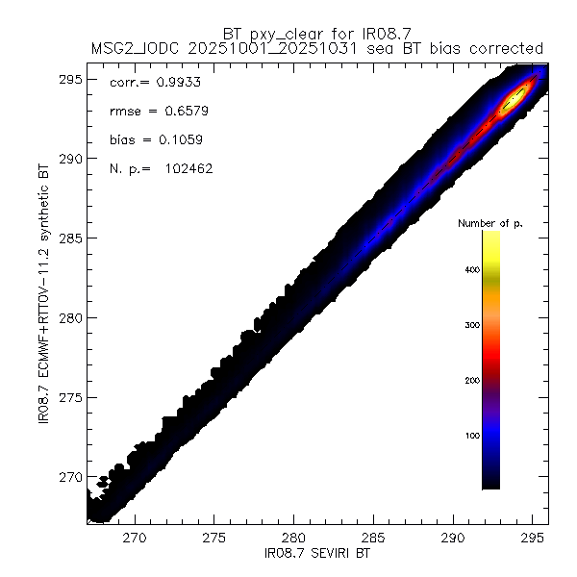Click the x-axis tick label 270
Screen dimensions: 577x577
(x=135, y=539)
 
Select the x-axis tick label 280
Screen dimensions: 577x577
(x=294, y=539)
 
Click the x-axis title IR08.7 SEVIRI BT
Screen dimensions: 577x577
(x=317, y=555)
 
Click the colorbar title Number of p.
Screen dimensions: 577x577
(x=490, y=224)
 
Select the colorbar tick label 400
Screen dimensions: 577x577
(x=468, y=270)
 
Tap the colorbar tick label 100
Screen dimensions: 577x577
(x=468, y=436)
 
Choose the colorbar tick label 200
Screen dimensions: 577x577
(x=468, y=381)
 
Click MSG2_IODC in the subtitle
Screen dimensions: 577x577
(x=132, y=48)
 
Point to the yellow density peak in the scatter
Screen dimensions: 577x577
(x=514, y=97)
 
